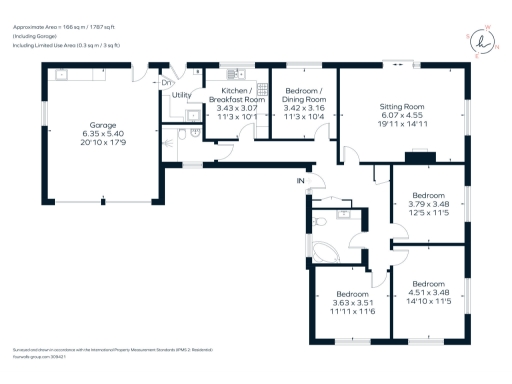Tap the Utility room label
click(x=181, y=96)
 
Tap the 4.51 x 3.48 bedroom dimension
click(x=430, y=292)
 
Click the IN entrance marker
click(x=299, y=180)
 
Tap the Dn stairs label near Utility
click(x=165, y=82)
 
